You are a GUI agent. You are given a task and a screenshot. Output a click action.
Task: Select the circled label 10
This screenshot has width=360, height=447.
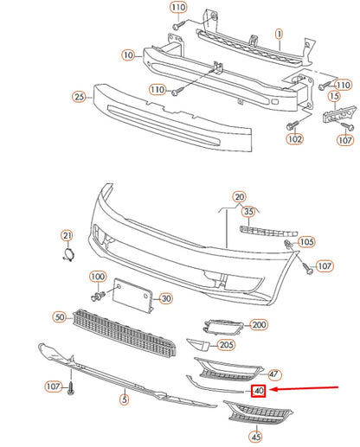(128, 54)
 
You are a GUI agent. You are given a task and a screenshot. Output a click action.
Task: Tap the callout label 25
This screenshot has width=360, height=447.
(79, 97)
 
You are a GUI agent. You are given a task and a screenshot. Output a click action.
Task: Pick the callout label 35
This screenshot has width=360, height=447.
(248, 211)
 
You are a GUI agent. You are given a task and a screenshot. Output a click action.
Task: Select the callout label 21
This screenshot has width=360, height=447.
(67, 236)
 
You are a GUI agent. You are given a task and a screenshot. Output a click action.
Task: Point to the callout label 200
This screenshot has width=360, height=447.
(258, 325)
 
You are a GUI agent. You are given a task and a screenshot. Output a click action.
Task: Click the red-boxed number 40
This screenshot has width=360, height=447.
(258, 391)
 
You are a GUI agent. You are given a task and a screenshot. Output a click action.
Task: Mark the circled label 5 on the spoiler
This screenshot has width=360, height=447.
(124, 400)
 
